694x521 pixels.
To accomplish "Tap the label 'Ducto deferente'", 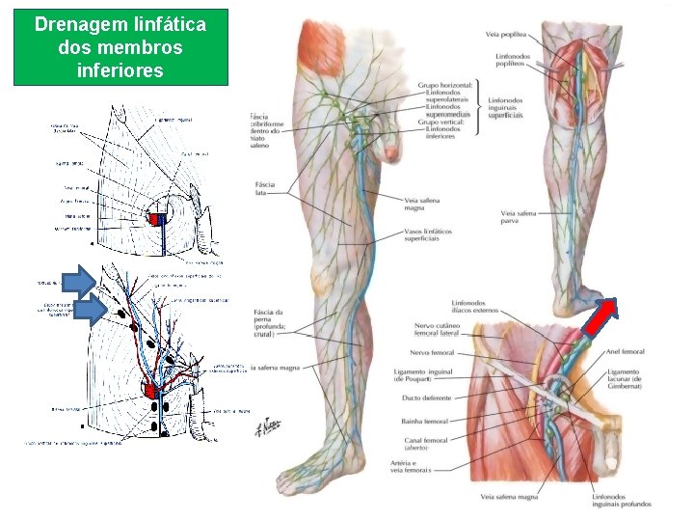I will (x=424, y=395).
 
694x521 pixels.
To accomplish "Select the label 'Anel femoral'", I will (x=627, y=352).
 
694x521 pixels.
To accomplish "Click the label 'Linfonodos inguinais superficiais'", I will (x=505, y=107).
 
